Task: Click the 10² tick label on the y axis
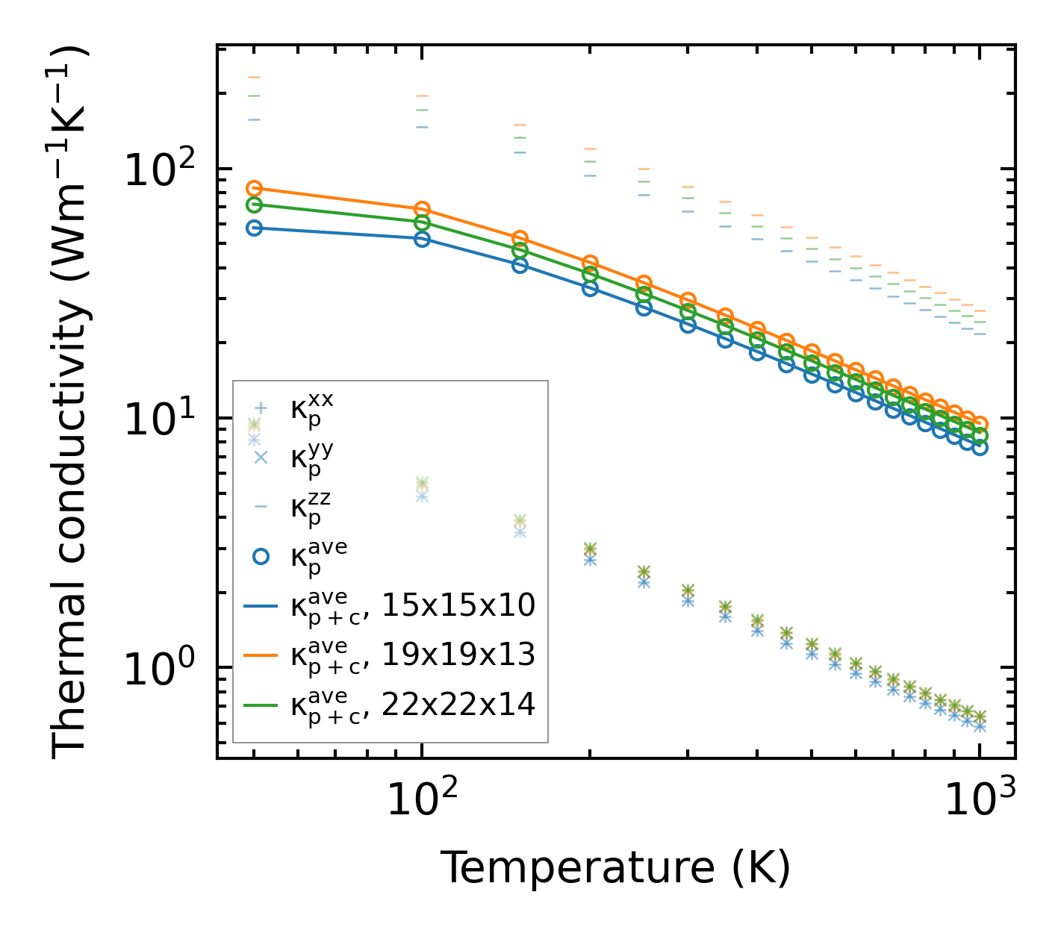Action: [x=157, y=169]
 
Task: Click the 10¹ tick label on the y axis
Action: [x=157, y=418]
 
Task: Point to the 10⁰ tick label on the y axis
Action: [x=157, y=667]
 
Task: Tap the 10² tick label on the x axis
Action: [x=422, y=800]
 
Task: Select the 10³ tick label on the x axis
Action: [x=980, y=800]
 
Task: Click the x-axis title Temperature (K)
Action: [x=615, y=867]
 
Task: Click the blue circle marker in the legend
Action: [x=261, y=556]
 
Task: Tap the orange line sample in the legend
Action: [x=261, y=655]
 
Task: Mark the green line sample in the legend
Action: [x=261, y=705]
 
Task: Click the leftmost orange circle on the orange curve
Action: [x=254, y=188]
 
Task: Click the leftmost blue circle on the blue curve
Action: [x=254, y=228]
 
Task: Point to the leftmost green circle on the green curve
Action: [x=254, y=205]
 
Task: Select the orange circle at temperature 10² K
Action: [x=422, y=209]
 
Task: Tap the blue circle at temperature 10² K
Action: [x=422, y=239]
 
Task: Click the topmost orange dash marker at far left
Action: [x=254, y=77]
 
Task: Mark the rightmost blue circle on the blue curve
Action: [x=980, y=447]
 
